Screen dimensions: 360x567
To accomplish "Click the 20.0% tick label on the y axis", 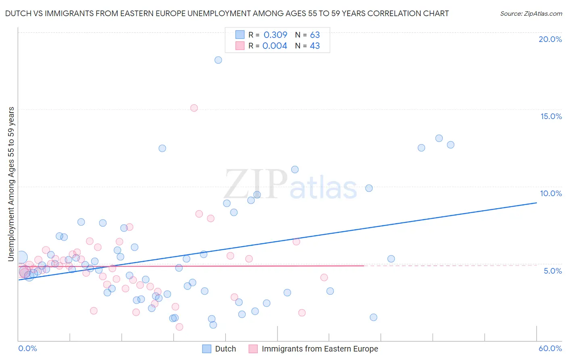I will point(550,39).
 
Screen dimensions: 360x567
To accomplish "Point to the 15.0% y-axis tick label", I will point(551,116).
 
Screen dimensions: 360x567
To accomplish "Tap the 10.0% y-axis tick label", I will point(551,193).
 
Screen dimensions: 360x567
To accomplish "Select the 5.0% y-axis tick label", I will point(552,271).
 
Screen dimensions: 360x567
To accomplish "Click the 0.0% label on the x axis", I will point(27,348).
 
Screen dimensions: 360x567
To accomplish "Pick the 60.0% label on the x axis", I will point(550,348).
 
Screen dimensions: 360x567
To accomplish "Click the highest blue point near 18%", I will point(218,60).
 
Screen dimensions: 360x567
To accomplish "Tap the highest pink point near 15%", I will point(194,108).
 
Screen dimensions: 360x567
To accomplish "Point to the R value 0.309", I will point(275,35).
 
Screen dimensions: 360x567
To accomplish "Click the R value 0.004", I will point(275,46).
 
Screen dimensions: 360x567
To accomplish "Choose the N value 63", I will point(315,35).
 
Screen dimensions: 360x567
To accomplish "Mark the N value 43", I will point(315,46).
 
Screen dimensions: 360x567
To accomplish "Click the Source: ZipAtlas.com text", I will point(531,14).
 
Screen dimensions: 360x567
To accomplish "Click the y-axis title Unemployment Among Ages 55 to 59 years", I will point(11,184).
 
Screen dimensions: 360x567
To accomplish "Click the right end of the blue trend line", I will point(536,203).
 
